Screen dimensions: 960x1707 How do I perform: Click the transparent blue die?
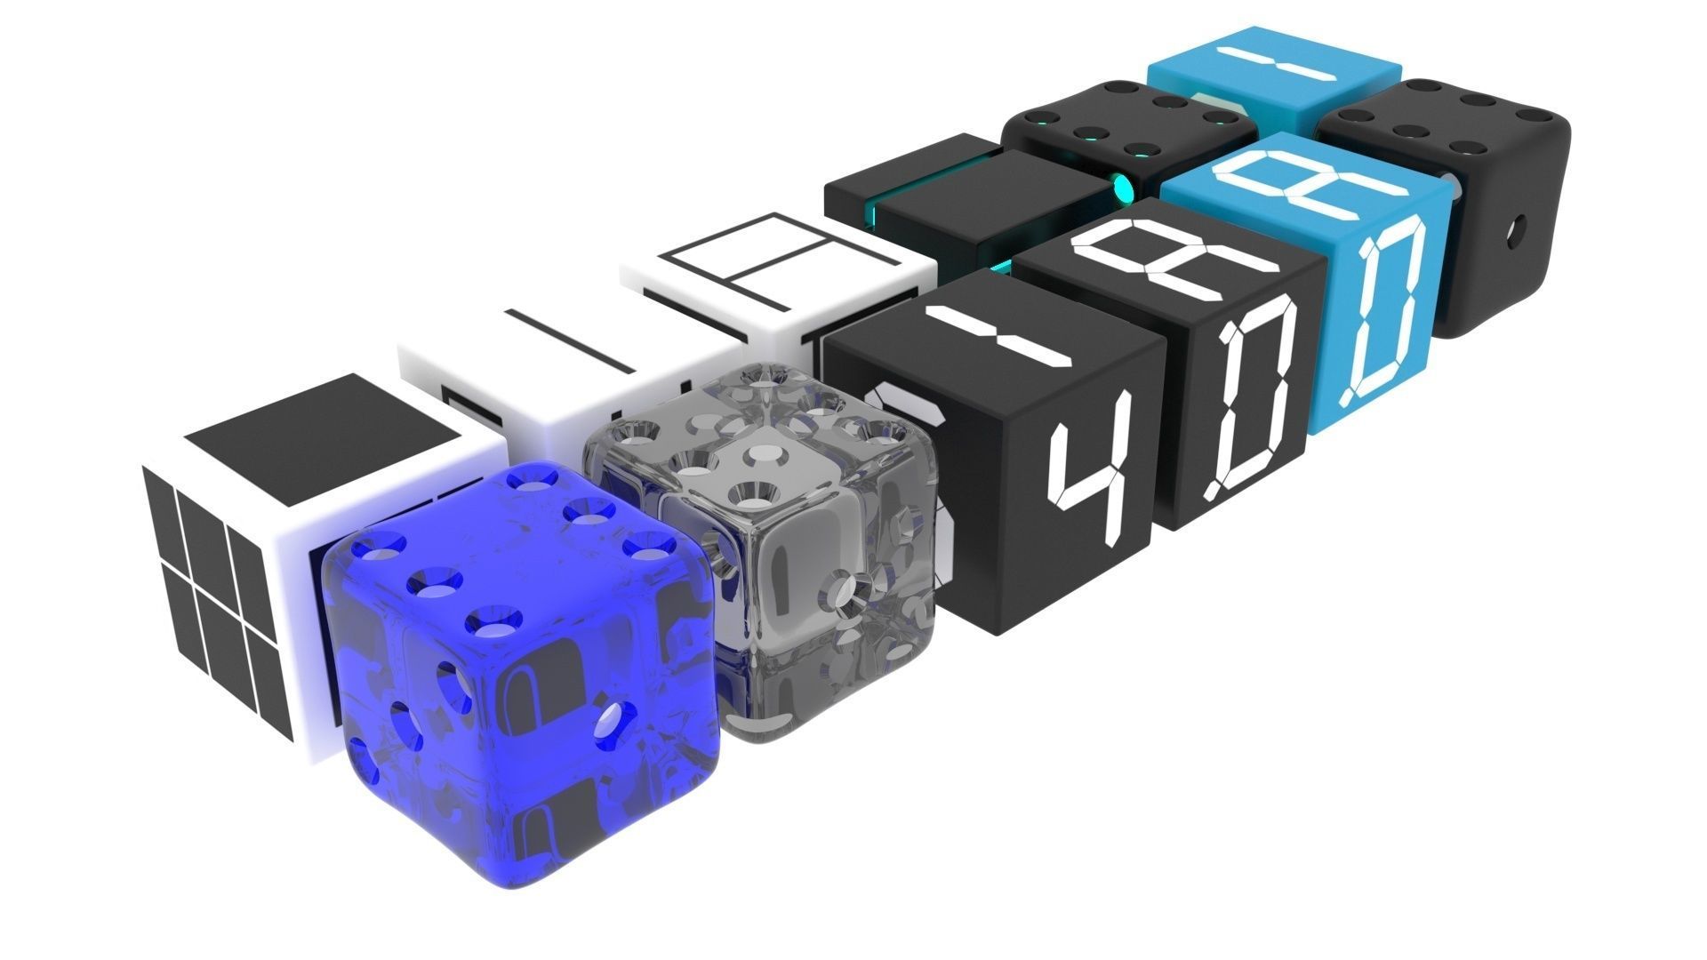pos(525,676)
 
